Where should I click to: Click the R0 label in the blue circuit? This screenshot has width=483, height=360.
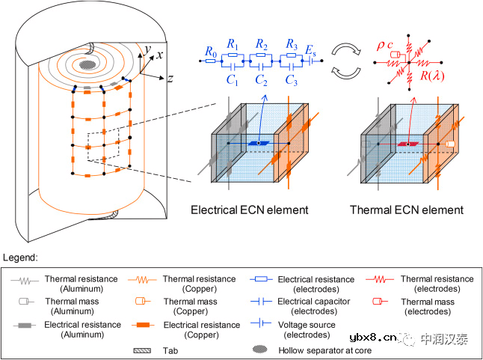point(211,52)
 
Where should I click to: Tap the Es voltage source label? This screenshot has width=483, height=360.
point(310,52)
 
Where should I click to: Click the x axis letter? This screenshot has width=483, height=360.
point(159,54)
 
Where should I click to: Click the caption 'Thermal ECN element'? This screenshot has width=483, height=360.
point(407,210)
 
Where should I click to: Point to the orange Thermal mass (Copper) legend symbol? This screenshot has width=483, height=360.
point(138,302)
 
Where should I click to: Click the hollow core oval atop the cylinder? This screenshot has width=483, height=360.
point(88,64)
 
